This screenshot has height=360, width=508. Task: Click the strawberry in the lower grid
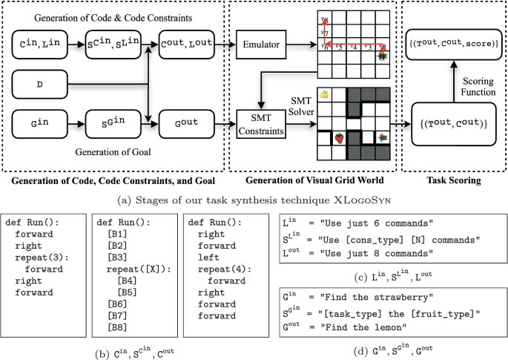[338, 138]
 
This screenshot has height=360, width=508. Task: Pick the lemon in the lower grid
[324, 94]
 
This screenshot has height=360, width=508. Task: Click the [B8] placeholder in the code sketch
[116, 326]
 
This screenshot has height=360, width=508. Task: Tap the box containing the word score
[452, 45]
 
